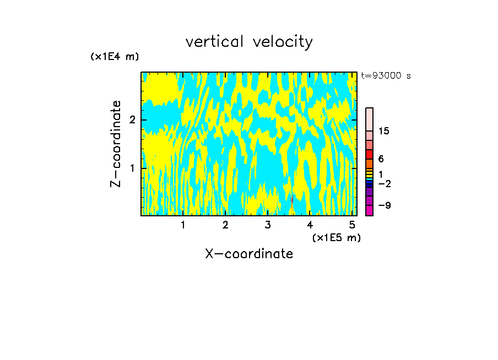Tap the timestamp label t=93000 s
pos(386,76)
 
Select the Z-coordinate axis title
pos(116,144)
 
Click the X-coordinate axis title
pos(249,254)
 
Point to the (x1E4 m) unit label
pos(115,57)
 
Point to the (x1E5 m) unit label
pos(336,237)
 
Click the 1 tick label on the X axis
pos(183,225)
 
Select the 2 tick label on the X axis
pos(225,225)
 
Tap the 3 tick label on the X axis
pos(268,225)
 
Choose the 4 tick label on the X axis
pos(310,225)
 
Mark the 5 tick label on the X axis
pos(352,225)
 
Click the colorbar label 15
pos(384,131)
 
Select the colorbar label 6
pos(381,159)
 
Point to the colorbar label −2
pos(384,183)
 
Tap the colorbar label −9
pos(384,205)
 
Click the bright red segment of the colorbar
pos(370,154)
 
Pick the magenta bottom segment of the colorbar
pos(370,210)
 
